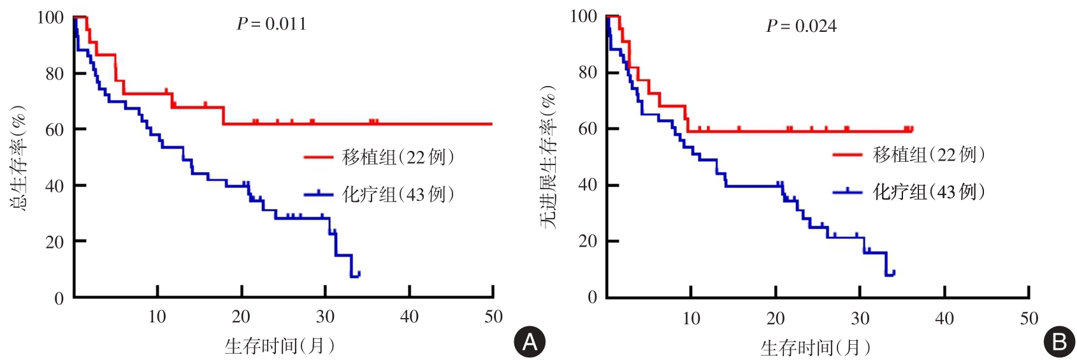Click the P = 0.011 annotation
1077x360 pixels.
[x=271, y=24]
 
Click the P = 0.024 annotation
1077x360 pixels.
[x=801, y=26]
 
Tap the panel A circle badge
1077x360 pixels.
[x=530, y=342]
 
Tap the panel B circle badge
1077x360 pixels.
[x=1059, y=342]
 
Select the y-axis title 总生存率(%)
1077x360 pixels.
[x=18, y=158]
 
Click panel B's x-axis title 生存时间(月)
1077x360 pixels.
[x=815, y=347]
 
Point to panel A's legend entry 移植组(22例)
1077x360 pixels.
[x=398, y=157]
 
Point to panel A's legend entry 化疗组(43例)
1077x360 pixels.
[x=398, y=194]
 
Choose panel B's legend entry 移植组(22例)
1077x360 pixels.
[x=929, y=154]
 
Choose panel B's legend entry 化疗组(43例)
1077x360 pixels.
[x=929, y=191]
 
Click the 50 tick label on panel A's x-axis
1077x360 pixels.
[x=493, y=317]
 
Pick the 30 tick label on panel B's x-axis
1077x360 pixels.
[x=860, y=318]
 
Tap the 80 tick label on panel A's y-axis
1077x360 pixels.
[x=55, y=74]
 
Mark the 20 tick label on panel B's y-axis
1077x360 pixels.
[x=588, y=241]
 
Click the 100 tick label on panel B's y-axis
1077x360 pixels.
[x=583, y=17]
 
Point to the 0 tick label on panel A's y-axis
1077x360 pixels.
[x=59, y=298]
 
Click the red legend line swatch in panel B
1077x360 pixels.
[x=848, y=154]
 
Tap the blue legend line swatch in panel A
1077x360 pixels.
[x=318, y=194]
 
